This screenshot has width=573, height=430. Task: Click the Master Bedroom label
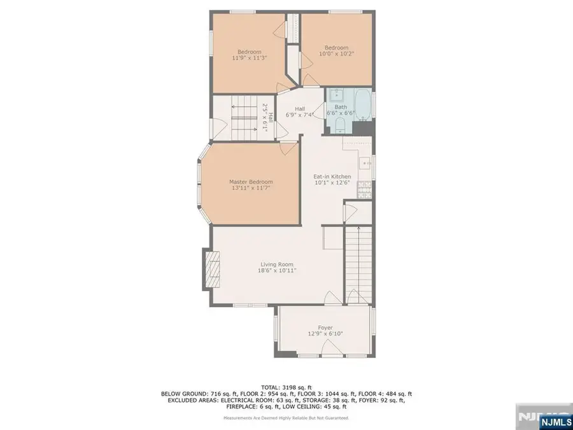[x=250, y=182]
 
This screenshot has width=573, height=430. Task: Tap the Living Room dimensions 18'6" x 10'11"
[x=276, y=271]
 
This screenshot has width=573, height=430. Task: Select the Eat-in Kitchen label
[x=332, y=176]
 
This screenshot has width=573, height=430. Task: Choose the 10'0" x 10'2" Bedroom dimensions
[x=336, y=54]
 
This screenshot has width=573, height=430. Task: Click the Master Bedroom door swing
[x=287, y=147]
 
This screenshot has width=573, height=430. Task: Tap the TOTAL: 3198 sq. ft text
[x=286, y=387]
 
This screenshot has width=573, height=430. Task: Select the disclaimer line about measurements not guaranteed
[x=286, y=418]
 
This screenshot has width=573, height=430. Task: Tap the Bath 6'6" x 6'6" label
[x=341, y=110]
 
